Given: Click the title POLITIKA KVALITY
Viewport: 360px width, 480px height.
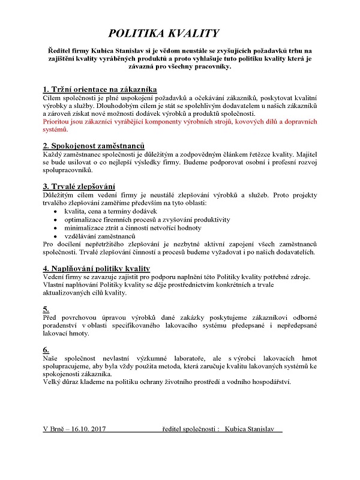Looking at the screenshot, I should click(164, 33).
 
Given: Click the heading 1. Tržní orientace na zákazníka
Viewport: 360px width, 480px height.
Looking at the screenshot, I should click(100, 89).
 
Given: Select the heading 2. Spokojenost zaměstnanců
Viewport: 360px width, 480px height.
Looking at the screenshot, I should click(94, 146).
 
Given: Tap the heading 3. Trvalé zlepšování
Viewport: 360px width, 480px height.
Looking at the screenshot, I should click(79, 187).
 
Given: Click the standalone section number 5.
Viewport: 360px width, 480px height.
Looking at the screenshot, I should click(46, 308).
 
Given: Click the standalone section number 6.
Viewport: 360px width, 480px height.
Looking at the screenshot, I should click(46, 349).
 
